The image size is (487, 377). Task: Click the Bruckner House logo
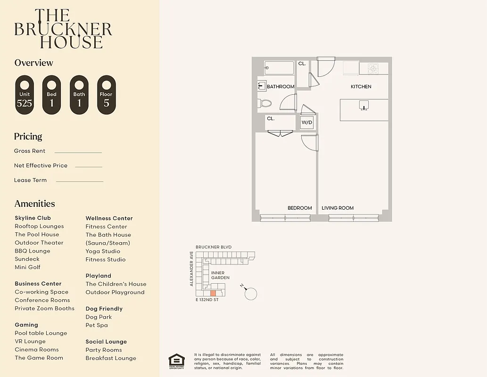(x=63, y=29)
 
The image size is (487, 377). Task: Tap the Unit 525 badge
(x=25, y=95)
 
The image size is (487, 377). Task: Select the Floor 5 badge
(x=107, y=95)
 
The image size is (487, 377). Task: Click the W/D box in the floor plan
(x=307, y=123)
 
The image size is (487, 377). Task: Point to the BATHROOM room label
(x=281, y=87)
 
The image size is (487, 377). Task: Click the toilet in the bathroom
(x=265, y=103)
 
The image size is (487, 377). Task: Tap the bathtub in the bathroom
(x=279, y=68)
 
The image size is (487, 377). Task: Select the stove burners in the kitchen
(x=373, y=69)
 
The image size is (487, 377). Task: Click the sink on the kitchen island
(x=363, y=105)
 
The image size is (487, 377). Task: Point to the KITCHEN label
(x=361, y=87)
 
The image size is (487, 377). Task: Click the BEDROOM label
(x=300, y=208)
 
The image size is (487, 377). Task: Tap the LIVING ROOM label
(x=338, y=208)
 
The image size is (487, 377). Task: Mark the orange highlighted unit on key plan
(x=213, y=293)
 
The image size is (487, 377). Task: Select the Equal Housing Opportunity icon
(x=176, y=361)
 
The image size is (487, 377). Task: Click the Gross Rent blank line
(x=78, y=152)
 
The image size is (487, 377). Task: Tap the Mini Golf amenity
(x=27, y=267)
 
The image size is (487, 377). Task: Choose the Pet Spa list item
(x=97, y=325)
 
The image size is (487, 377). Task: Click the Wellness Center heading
(x=109, y=218)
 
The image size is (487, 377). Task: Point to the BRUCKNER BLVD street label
(x=214, y=247)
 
